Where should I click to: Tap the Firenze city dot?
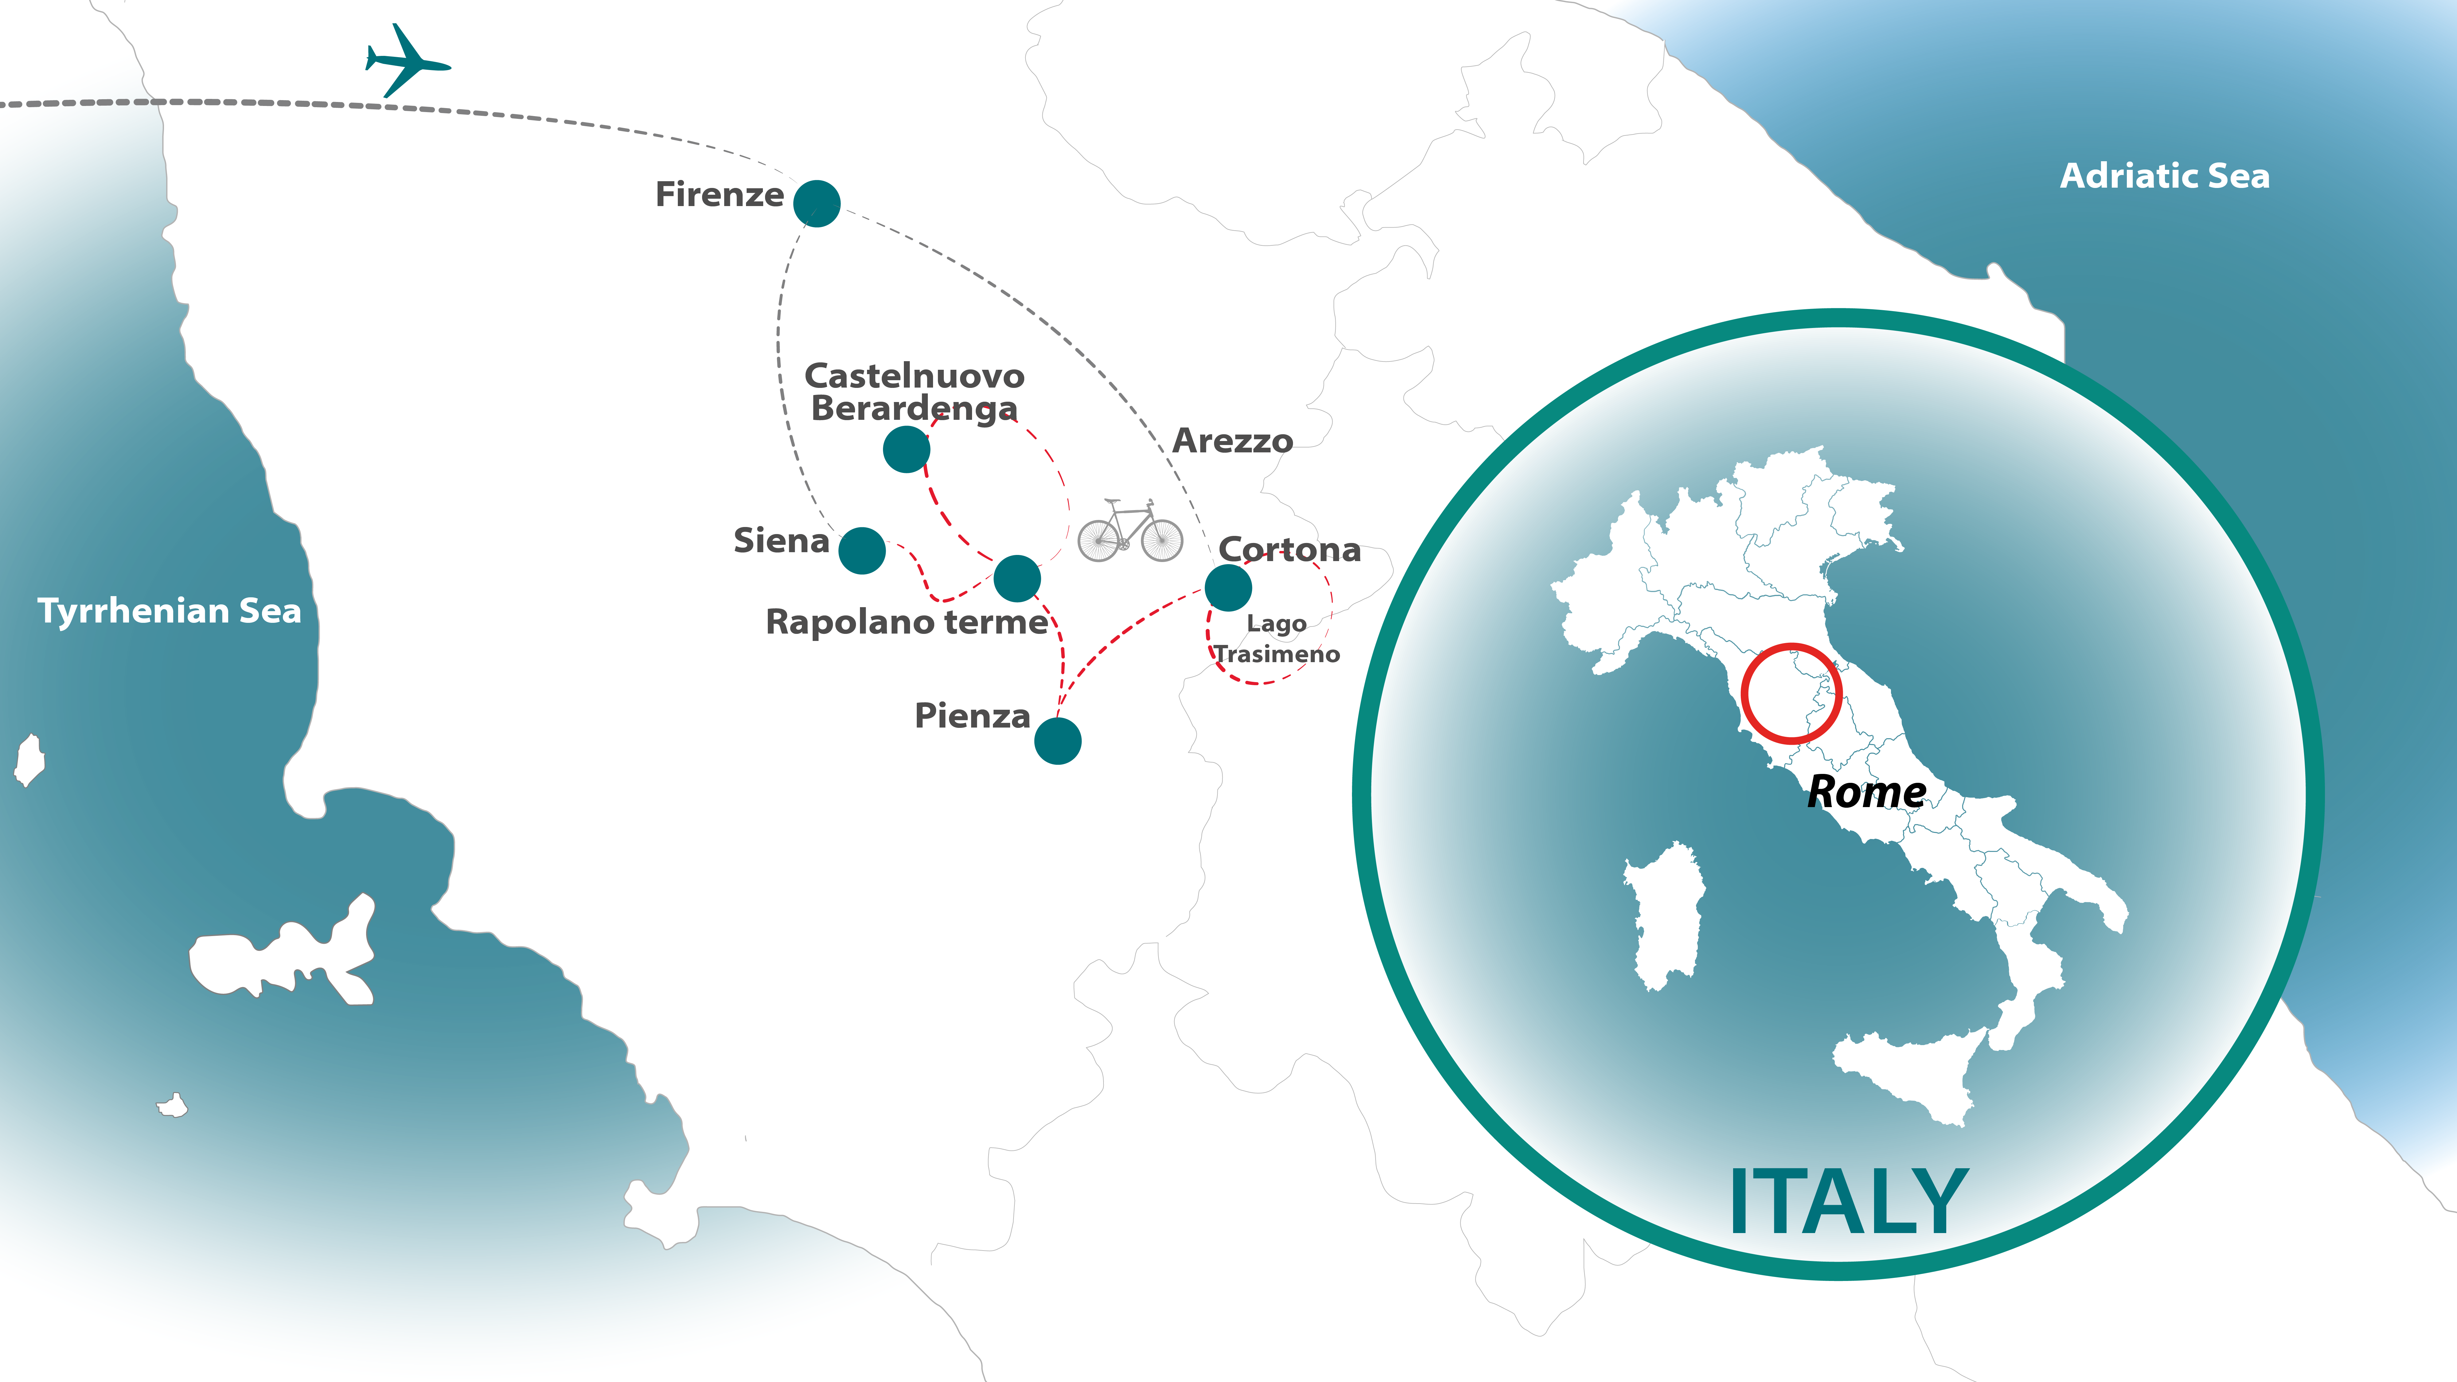click(x=816, y=203)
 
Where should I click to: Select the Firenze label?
click(x=719, y=195)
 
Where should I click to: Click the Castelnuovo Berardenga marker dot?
click(x=906, y=449)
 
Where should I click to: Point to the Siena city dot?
click(x=861, y=550)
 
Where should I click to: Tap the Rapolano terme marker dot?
click(x=1017, y=578)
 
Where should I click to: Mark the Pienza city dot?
click(x=1057, y=741)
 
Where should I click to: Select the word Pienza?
click(x=972, y=715)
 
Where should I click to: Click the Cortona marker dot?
click(x=1228, y=588)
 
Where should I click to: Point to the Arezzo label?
click(x=1232, y=441)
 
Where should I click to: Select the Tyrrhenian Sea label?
click(x=169, y=611)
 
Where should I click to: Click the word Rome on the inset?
click(x=1866, y=792)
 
